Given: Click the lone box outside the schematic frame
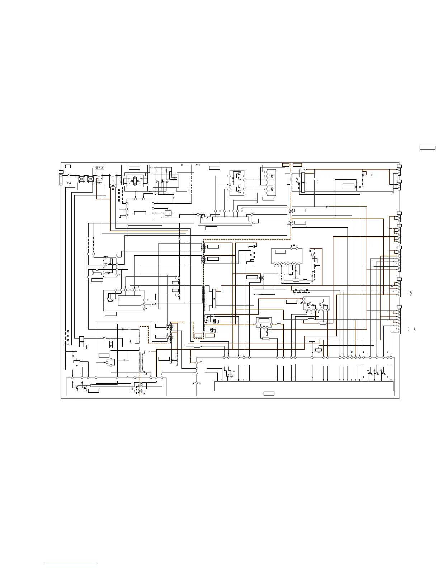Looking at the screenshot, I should pyautogui.click(x=428, y=147).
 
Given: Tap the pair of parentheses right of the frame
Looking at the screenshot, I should pyautogui.click(x=412, y=329).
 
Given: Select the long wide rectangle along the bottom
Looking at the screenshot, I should pyautogui.click(x=304, y=386).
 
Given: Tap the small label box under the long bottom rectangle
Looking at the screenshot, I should pyautogui.click(x=269, y=394).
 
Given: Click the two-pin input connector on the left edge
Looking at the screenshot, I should pyautogui.click(x=61, y=179).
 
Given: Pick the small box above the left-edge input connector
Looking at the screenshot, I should pyautogui.click(x=61, y=171).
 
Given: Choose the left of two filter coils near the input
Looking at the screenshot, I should pyautogui.click(x=81, y=178).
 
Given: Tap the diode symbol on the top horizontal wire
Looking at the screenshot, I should pyautogui.click(x=183, y=165).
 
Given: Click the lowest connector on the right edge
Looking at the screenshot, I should pyautogui.click(x=399, y=321).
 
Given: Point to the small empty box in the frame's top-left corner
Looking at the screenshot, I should pyautogui.click(x=68, y=166).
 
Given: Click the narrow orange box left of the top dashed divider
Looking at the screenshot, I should pyautogui.click(x=285, y=165).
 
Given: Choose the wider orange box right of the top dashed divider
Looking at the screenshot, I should pyautogui.click(x=297, y=165).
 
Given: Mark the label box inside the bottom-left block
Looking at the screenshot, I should pyautogui.click(x=94, y=390).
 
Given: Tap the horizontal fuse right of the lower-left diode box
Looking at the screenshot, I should pyautogui.click(x=105, y=338).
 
